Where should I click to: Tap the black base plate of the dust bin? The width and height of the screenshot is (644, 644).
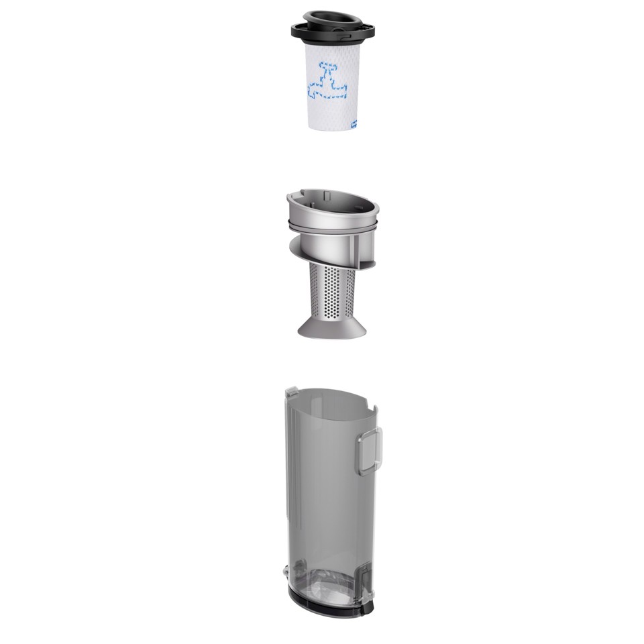332,604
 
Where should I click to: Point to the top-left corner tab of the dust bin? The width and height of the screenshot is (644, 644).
290,391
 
